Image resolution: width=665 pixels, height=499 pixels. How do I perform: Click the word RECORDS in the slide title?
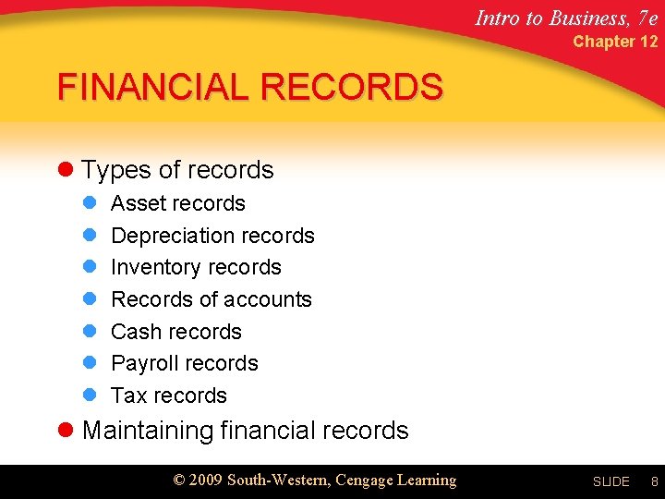tap(352, 87)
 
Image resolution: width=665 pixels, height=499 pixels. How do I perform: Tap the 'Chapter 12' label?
tap(615, 42)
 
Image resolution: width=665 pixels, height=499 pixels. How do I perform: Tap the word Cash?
tap(134, 332)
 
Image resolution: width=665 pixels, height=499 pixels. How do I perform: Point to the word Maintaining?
tap(148, 431)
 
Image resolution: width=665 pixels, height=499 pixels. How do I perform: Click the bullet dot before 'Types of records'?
tap(65, 170)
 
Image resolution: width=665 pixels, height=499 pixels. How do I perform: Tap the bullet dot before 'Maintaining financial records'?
tap(65, 431)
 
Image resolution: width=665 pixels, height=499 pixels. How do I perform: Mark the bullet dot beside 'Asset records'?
tap(91, 203)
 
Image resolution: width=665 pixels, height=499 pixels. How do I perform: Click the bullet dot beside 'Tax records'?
tap(91, 396)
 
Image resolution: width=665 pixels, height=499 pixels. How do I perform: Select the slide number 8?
tap(654, 481)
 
